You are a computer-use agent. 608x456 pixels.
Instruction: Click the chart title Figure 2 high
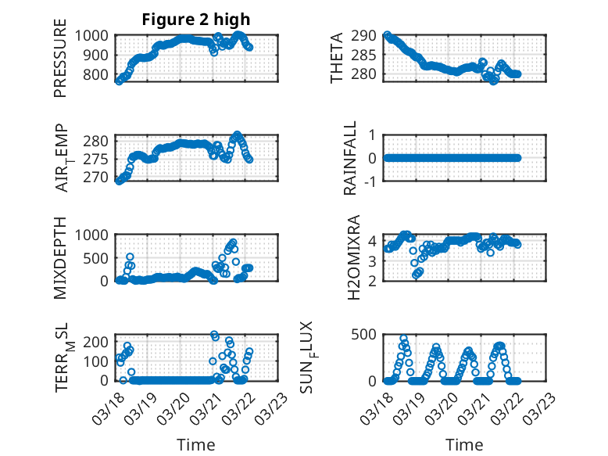click(195, 20)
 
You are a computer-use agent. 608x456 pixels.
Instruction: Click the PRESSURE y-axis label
click(60, 64)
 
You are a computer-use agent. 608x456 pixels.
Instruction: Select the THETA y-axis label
click(337, 58)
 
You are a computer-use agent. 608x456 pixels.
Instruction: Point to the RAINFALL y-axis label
click(351, 158)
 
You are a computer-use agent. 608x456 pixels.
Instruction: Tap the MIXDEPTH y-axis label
click(60, 259)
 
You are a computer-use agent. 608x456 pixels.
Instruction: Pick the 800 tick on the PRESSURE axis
click(98, 75)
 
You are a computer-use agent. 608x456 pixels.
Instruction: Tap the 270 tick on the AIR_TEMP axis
click(98, 178)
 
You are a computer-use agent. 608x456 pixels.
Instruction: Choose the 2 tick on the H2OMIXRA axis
click(374, 281)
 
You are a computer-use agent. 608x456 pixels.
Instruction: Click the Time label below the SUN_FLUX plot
click(464, 444)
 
